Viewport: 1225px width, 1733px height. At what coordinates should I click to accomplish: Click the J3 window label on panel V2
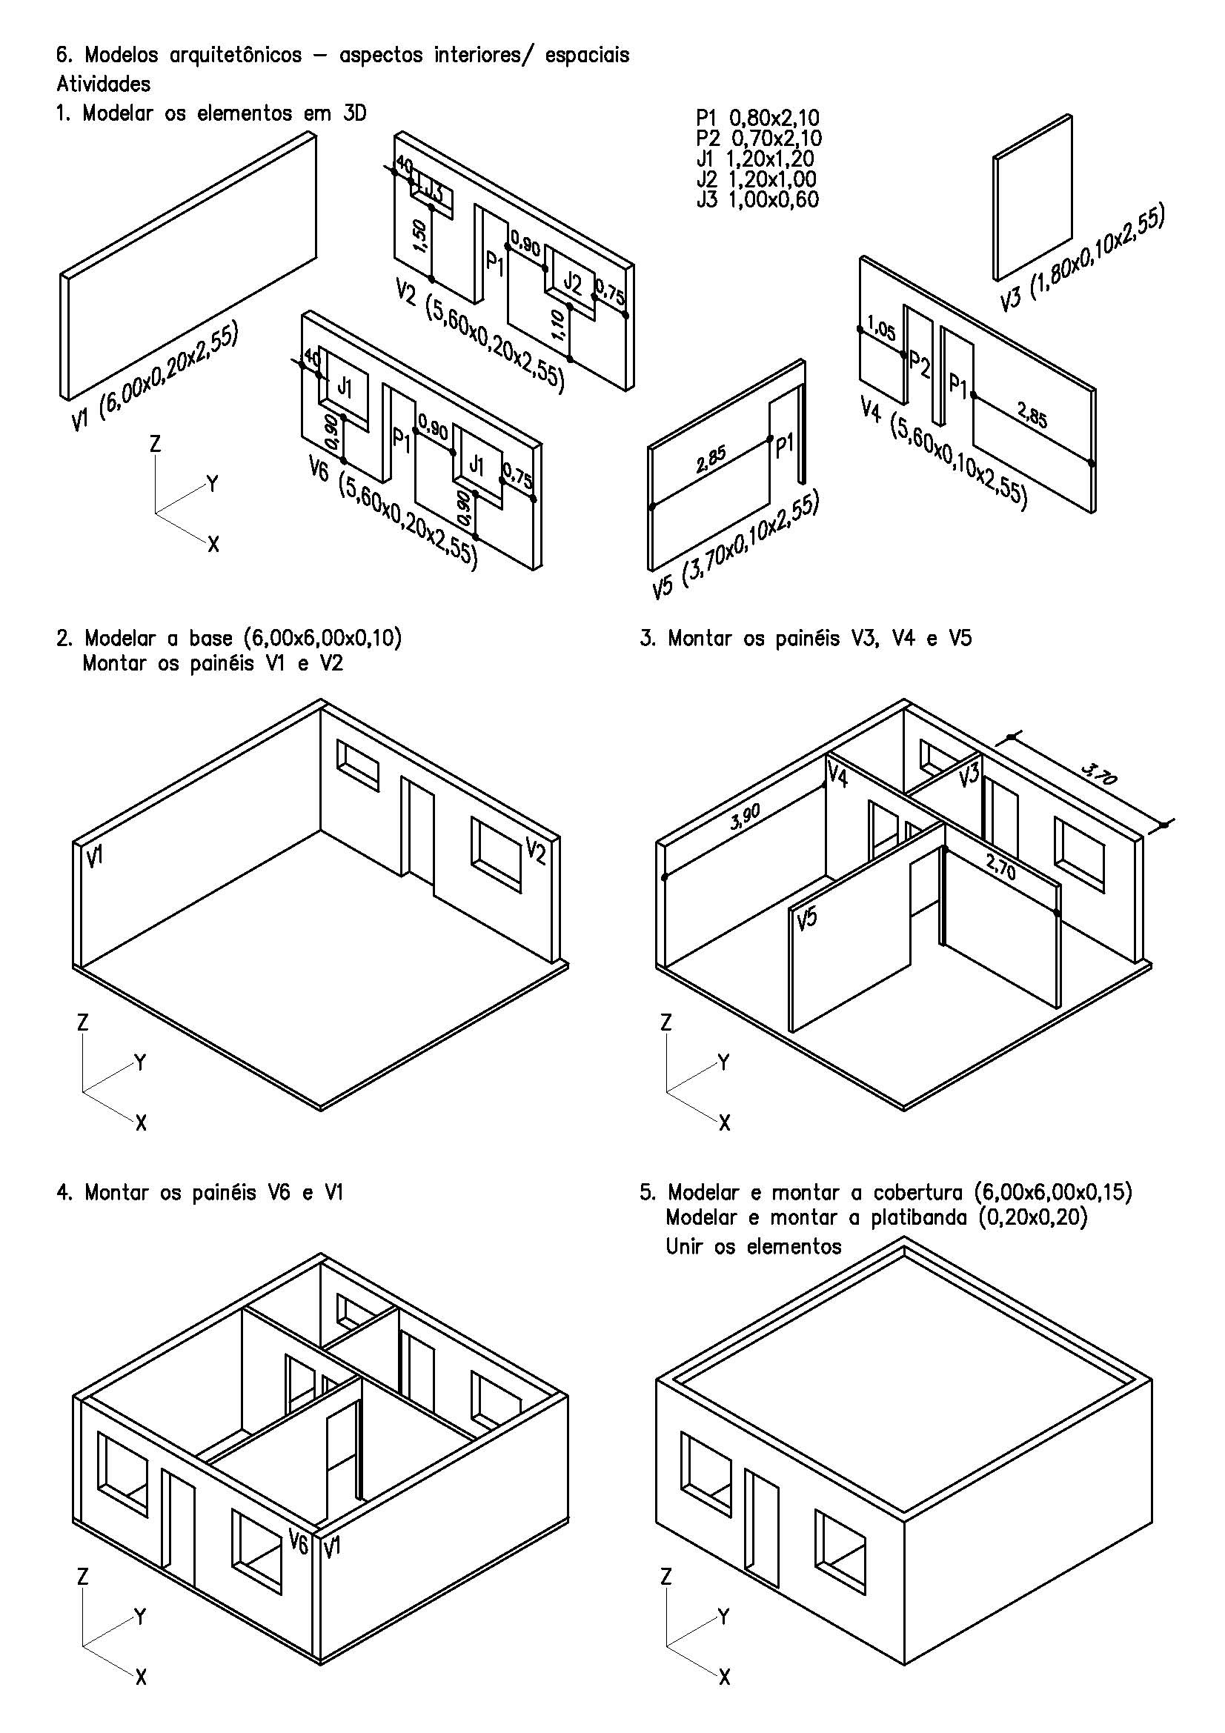[x=432, y=191]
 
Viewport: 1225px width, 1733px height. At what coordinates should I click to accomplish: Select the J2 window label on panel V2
[x=573, y=284]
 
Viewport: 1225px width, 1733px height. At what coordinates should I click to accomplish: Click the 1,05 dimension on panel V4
[x=881, y=329]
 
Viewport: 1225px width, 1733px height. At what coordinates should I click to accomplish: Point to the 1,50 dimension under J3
[x=420, y=236]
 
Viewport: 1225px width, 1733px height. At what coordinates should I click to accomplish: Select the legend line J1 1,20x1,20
[x=754, y=159]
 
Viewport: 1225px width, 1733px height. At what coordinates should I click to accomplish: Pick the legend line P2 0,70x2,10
[x=759, y=138]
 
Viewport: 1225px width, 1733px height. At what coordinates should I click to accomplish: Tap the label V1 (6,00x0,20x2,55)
[x=155, y=376]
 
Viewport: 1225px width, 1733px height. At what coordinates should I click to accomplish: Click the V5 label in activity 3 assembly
[x=807, y=918]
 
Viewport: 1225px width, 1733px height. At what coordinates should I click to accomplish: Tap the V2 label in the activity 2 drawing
[x=535, y=852]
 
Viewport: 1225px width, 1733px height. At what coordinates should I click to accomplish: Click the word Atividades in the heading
[x=104, y=84]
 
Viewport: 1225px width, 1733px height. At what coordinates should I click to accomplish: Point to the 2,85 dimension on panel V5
[x=711, y=459]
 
